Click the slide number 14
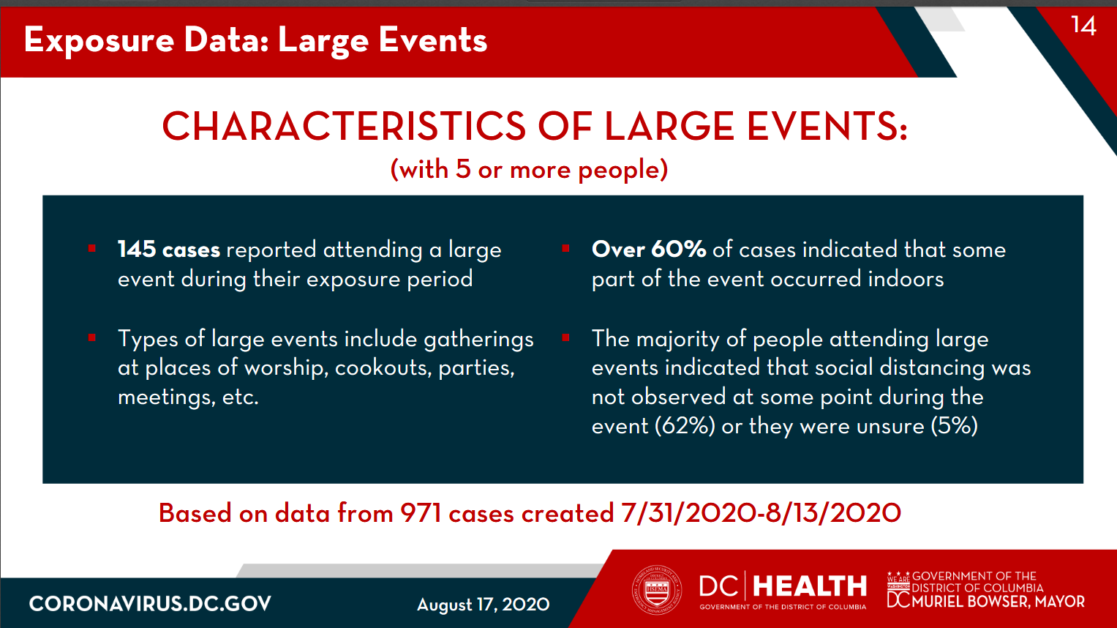coord(1083,25)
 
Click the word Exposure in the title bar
coord(99,41)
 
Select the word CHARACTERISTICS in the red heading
coord(344,126)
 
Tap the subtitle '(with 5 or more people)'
coord(529,170)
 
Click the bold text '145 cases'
coord(168,250)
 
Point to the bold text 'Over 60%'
coord(649,250)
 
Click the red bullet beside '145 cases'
coord(91,248)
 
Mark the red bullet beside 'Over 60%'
coord(565,248)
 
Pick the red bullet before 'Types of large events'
coord(91,337)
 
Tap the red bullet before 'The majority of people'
coord(565,337)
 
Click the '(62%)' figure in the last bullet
coord(685,427)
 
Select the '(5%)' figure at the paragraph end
coord(955,427)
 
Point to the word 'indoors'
coord(906,279)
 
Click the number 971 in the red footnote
coord(421,513)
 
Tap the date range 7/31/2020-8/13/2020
coord(761,513)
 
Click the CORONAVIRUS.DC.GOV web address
coord(150,604)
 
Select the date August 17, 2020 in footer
coord(484,605)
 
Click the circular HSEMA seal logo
coord(657,590)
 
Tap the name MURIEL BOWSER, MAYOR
coord(998,602)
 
